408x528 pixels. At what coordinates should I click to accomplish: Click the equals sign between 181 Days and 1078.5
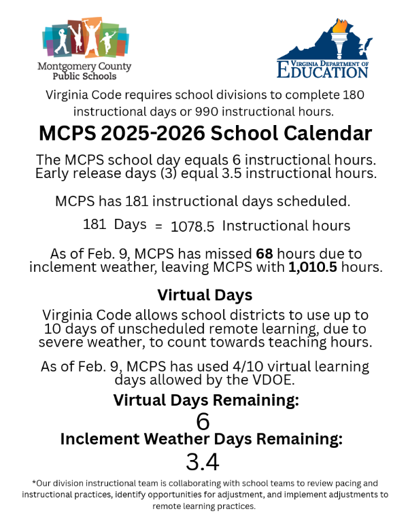pos(158,226)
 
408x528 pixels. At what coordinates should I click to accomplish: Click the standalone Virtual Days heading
pos(205,295)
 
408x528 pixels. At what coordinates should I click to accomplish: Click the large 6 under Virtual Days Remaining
pos(203,421)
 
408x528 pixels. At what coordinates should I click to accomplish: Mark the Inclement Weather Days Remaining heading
pos(201,439)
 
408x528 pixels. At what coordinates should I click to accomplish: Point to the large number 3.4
pos(203,463)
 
